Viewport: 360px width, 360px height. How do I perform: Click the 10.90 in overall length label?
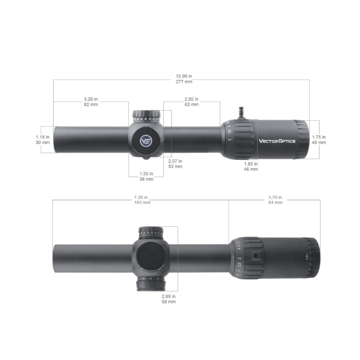coord(184,79)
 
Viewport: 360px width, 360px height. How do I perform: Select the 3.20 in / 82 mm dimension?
coord(91,102)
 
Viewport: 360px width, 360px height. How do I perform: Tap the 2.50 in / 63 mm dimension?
coord(191,102)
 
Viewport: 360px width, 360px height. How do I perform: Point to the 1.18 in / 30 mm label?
coord(43,139)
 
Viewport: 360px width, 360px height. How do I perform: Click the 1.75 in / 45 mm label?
coord(319,139)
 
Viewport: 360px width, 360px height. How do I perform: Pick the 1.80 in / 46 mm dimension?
coord(251,166)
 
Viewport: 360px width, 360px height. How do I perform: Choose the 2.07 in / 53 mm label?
coord(175,164)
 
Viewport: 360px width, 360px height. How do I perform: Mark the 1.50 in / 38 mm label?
coord(146,176)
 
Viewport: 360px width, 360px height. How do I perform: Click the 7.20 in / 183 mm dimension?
coord(143,200)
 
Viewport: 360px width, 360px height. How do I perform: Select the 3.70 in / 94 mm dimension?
coord(275,200)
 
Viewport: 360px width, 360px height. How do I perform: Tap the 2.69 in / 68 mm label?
coord(169,299)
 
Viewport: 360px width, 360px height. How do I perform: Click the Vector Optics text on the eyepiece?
coord(277,141)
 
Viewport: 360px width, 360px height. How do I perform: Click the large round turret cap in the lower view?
coord(150,258)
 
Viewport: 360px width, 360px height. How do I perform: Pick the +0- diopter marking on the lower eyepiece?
coord(307,256)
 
